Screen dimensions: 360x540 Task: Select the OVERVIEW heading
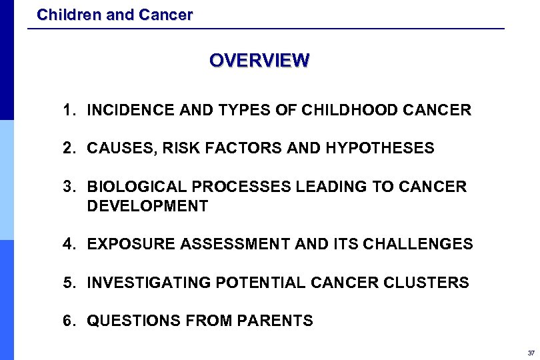[x=259, y=61]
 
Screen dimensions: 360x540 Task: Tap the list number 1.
[x=67, y=110]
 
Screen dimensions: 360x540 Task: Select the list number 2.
[x=67, y=148]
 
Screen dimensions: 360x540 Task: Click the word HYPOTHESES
[x=380, y=148]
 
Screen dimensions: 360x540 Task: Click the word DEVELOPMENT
[x=147, y=206]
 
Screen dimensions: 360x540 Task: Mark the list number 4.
[x=67, y=244]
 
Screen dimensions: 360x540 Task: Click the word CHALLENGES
[x=418, y=244]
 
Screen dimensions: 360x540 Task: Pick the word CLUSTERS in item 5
[x=427, y=283]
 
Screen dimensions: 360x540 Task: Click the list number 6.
[x=67, y=321]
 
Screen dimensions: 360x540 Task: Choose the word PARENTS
[x=279, y=321]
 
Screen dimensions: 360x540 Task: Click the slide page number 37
[x=531, y=353]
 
